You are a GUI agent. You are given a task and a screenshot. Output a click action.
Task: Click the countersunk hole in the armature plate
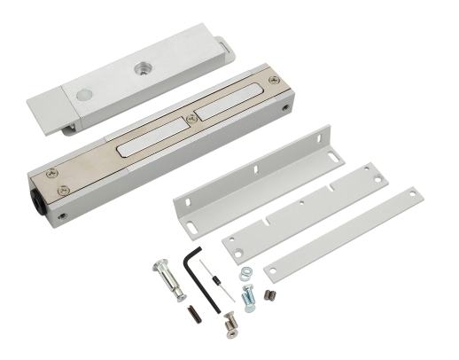141,66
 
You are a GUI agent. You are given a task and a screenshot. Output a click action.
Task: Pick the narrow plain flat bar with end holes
346,233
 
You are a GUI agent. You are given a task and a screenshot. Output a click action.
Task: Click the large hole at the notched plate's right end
378,180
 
